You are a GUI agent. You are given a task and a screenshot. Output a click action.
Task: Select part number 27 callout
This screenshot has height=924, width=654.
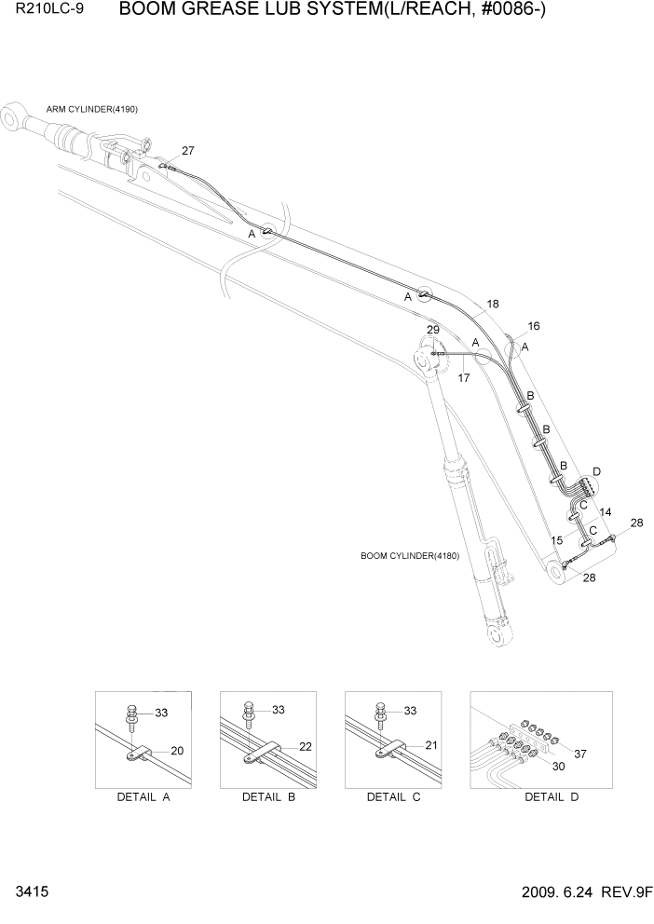coord(188,151)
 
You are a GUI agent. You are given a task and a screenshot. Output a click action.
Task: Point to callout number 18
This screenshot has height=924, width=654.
coord(492,304)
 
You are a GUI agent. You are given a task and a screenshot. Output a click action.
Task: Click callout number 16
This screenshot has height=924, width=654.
coord(534,326)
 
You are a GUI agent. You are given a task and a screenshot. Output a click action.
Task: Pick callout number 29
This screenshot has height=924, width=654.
coord(433,331)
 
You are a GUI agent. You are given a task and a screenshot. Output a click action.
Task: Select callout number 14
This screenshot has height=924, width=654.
coord(605,512)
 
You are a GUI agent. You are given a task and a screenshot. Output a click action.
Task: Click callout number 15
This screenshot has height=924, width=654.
coord(556,540)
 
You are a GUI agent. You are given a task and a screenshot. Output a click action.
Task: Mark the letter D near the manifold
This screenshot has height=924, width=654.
coord(596,470)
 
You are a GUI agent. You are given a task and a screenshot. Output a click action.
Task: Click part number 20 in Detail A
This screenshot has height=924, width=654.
coord(176,750)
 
